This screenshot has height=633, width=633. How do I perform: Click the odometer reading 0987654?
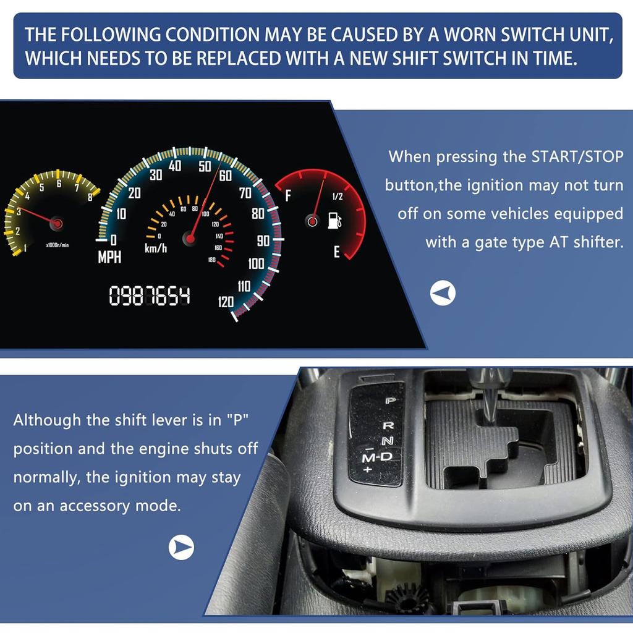click(150, 295)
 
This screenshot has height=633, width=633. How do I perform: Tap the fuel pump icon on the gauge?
click(334, 221)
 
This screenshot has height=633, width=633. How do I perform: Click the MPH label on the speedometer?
click(109, 257)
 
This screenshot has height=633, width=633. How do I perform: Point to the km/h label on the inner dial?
click(156, 248)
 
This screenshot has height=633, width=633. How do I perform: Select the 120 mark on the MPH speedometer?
click(226, 302)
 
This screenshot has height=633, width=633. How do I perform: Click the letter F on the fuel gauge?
click(288, 196)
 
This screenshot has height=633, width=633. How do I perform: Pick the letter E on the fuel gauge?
click(337, 252)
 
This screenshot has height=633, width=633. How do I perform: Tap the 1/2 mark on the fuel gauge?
click(338, 196)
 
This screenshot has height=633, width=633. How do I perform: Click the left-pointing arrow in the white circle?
click(443, 293)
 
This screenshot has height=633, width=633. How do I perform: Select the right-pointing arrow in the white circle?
click(181, 548)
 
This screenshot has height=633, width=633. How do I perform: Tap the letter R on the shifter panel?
click(388, 425)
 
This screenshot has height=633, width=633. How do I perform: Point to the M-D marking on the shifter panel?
click(377, 457)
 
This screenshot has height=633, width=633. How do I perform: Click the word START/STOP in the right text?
click(577, 156)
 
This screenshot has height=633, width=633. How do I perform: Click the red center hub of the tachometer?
click(57, 223)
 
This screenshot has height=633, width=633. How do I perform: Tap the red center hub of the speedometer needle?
click(190, 239)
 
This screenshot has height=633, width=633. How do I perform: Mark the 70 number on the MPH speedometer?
click(245, 193)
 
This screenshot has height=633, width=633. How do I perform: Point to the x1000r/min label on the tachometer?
click(57, 245)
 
